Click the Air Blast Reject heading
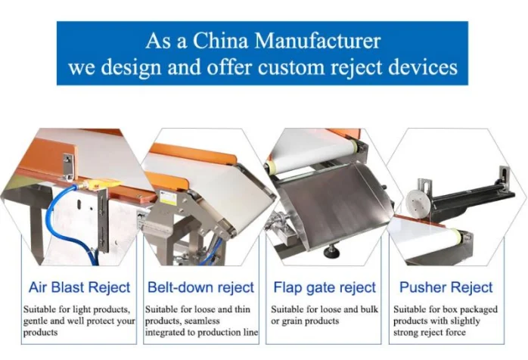click(79, 287)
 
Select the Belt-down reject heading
click(200, 287)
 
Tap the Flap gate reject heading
click(324, 287)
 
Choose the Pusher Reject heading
click(446, 287)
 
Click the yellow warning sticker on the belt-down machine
click(168, 198)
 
